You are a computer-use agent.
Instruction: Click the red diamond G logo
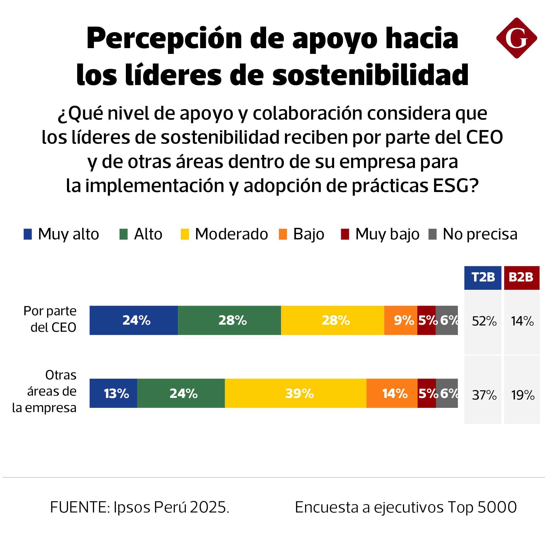(516, 38)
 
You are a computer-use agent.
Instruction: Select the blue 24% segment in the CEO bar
(134, 320)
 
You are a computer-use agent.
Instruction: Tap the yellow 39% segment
(295, 393)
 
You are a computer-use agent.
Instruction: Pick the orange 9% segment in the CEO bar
(401, 320)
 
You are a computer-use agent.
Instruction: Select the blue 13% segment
(113, 393)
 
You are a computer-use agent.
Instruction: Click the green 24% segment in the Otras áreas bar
(181, 393)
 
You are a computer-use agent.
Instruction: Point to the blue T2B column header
(482, 278)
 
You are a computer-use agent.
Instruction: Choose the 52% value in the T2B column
(484, 321)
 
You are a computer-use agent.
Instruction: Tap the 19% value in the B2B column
(522, 395)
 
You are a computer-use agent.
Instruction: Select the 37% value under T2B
(484, 395)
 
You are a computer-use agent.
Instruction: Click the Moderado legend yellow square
(184, 234)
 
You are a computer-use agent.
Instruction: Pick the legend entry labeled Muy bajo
(387, 234)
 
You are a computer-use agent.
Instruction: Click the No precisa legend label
(480, 234)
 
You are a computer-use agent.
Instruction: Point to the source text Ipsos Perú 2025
(171, 507)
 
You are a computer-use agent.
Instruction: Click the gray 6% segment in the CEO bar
(447, 320)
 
